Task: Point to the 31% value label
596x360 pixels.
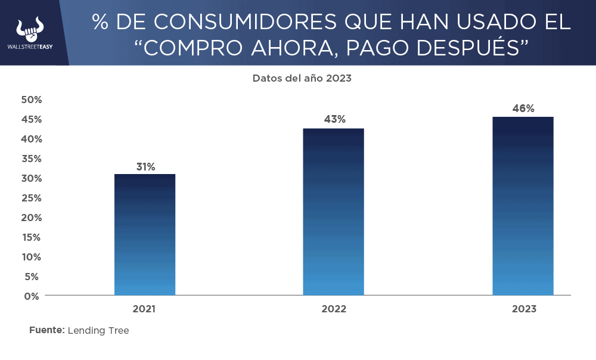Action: (145, 167)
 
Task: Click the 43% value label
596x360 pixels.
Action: (334, 119)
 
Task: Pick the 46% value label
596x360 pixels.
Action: (523, 108)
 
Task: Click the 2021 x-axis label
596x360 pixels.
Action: (144, 309)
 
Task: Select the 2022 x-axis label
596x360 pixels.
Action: (334, 309)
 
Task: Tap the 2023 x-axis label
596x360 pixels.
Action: (524, 309)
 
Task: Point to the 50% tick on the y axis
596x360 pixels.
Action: (32, 100)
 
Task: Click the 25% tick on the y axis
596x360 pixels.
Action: (32, 198)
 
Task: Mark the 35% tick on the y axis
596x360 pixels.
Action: (32, 159)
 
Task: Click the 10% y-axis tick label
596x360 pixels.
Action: (32, 257)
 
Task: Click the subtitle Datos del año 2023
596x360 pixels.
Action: (302, 78)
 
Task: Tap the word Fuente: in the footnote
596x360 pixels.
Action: (46, 330)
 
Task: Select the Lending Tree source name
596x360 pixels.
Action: (98, 330)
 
